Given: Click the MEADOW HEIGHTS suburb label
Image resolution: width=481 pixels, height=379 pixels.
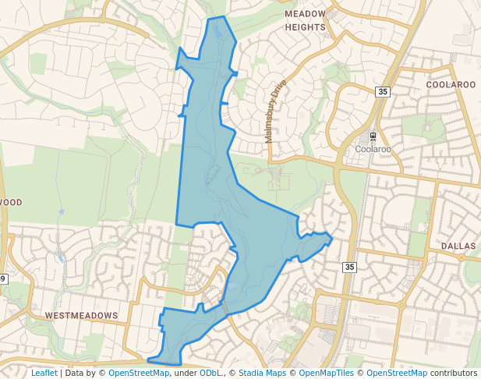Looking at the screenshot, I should click(305, 21).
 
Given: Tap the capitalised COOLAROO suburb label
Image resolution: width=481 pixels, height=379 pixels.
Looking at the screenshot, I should click(451, 84).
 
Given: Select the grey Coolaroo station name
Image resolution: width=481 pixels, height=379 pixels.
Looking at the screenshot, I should click(372, 148).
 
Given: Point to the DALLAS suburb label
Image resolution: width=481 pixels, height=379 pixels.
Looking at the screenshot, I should click(458, 246).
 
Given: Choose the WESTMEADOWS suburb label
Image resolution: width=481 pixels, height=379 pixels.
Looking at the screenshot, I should click(81, 316).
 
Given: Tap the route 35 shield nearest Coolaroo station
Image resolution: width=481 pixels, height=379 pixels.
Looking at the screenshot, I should click(381, 92).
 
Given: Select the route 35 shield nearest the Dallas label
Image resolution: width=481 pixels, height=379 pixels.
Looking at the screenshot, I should click(348, 267).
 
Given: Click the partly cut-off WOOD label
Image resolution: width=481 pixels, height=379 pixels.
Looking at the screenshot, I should click(11, 202).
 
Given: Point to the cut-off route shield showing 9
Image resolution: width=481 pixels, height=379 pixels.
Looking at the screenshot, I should click(3, 278).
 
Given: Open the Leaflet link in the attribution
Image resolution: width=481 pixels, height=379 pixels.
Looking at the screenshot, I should click(44, 374).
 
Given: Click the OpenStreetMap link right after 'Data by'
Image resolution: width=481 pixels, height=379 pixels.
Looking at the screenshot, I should click(139, 374).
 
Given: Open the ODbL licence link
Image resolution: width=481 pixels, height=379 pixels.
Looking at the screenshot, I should click(211, 374).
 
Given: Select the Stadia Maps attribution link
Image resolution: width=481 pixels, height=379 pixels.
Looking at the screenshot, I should click(262, 374).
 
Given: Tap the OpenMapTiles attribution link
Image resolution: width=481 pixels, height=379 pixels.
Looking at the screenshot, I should click(327, 374).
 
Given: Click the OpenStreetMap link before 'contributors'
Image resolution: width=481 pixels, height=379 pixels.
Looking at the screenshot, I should click(396, 374).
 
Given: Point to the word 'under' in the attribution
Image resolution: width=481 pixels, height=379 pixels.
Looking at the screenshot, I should click(184, 374).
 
